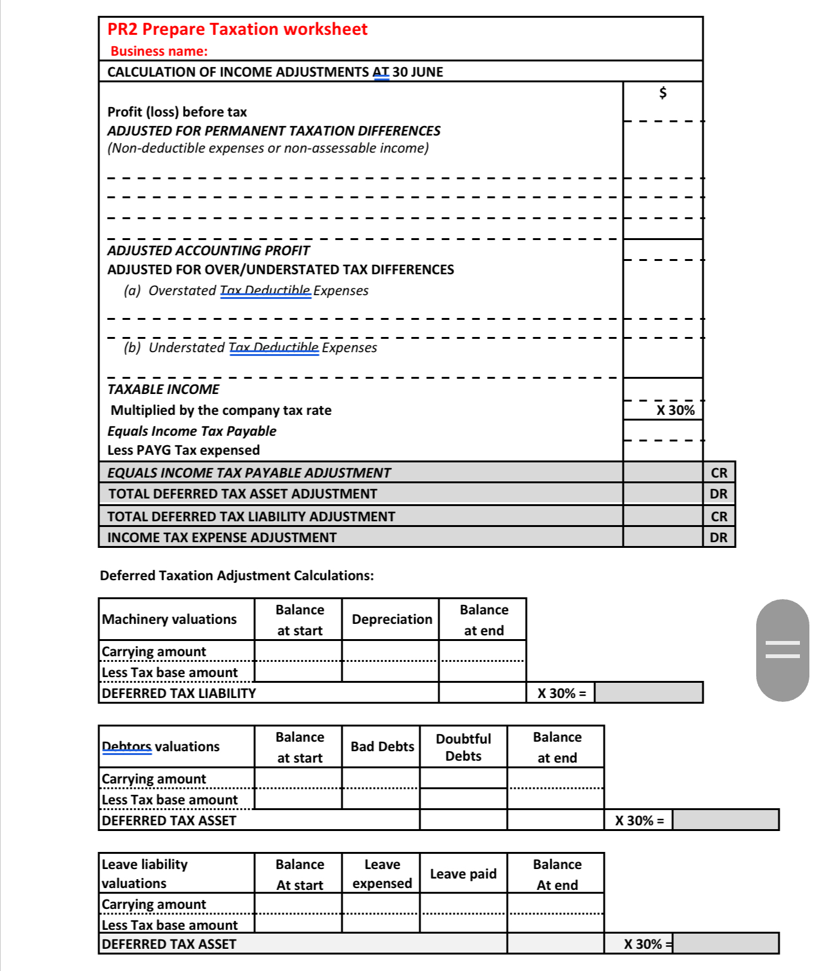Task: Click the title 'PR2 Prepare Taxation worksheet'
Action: click(237, 30)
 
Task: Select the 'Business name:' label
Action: click(159, 51)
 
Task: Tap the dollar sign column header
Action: click(662, 93)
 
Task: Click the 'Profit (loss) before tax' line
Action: click(177, 112)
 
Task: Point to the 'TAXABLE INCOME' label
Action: click(163, 390)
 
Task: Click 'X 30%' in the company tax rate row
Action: click(675, 410)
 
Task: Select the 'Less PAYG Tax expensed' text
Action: click(184, 450)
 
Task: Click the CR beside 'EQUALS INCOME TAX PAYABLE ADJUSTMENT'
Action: click(719, 473)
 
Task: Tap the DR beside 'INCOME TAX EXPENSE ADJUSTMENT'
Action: click(719, 538)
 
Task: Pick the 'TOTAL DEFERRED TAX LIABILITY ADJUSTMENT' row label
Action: click(251, 517)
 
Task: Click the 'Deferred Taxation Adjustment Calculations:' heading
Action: click(237, 576)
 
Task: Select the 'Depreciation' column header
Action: click(391, 619)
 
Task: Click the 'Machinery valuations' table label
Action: click(169, 619)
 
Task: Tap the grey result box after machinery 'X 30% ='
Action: click(649, 693)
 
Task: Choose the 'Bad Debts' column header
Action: click(382, 747)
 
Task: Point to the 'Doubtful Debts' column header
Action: click(463, 747)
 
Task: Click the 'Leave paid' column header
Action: click(463, 874)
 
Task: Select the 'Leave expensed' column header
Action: click(382, 874)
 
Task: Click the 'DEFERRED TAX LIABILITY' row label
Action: click(179, 694)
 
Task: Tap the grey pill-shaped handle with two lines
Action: click(782, 650)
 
